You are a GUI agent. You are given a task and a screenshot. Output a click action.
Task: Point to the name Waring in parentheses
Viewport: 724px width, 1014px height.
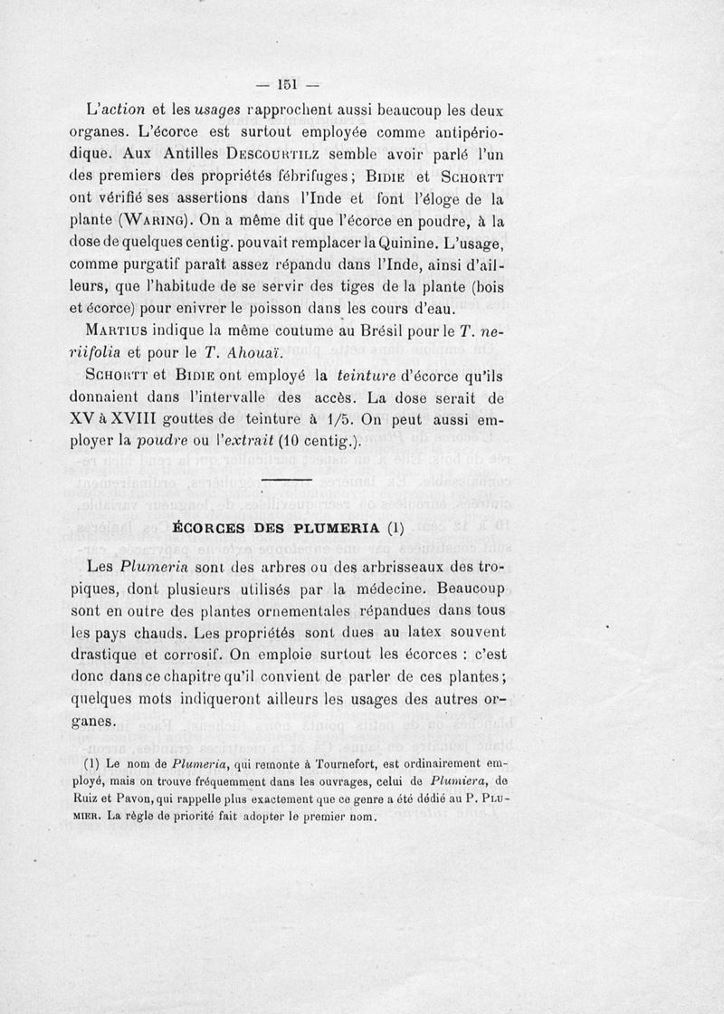click(176, 220)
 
